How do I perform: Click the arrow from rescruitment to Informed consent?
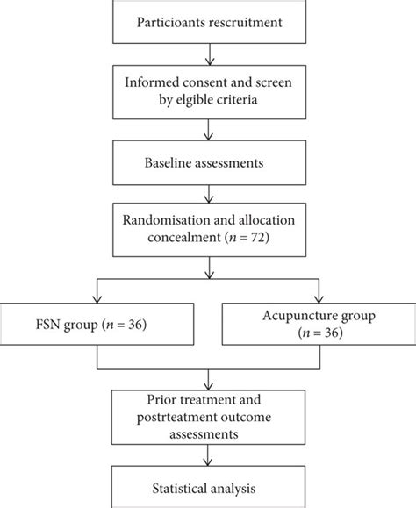point(207,55)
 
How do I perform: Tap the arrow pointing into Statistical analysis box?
point(207,459)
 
